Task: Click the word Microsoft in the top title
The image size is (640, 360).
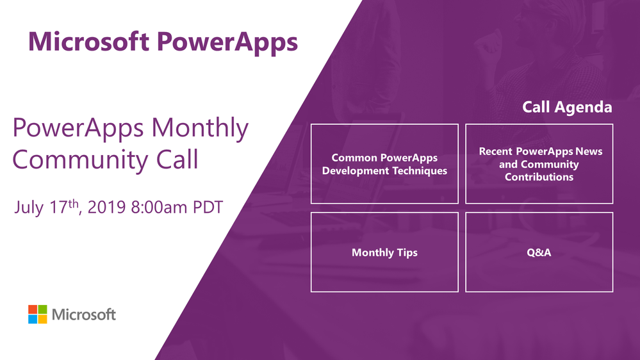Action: [x=88, y=42]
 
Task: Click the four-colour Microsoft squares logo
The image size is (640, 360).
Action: [x=38, y=315]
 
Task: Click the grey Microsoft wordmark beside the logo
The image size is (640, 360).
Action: [x=84, y=315]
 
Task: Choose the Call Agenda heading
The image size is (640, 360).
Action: [x=567, y=107]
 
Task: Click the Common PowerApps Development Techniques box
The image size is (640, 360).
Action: [x=384, y=164]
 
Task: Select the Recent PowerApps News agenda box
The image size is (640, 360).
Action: [x=539, y=164]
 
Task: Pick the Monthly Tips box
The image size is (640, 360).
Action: [x=384, y=252]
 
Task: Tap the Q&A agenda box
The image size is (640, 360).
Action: [x=539, y=252]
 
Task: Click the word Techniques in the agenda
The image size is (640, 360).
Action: [x=420, y=171]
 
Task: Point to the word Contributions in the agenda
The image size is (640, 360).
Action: [x=539, y=177]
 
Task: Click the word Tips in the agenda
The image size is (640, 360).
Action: [x=407, y=252]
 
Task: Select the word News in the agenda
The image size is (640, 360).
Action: [x=588, y=152]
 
